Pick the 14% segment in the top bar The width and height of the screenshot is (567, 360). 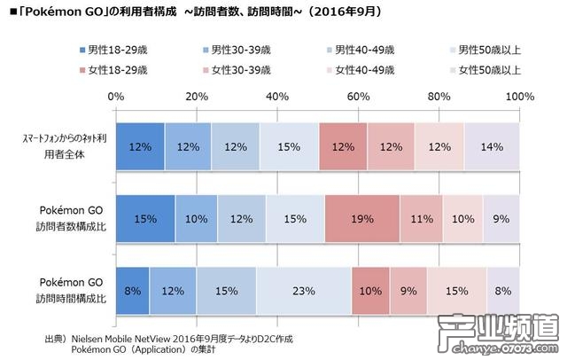492,146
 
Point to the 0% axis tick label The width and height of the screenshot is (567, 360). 115,96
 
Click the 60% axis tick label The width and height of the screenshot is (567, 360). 358,96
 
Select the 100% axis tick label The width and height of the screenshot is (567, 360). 517,96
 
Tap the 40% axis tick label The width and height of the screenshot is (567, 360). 277,96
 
